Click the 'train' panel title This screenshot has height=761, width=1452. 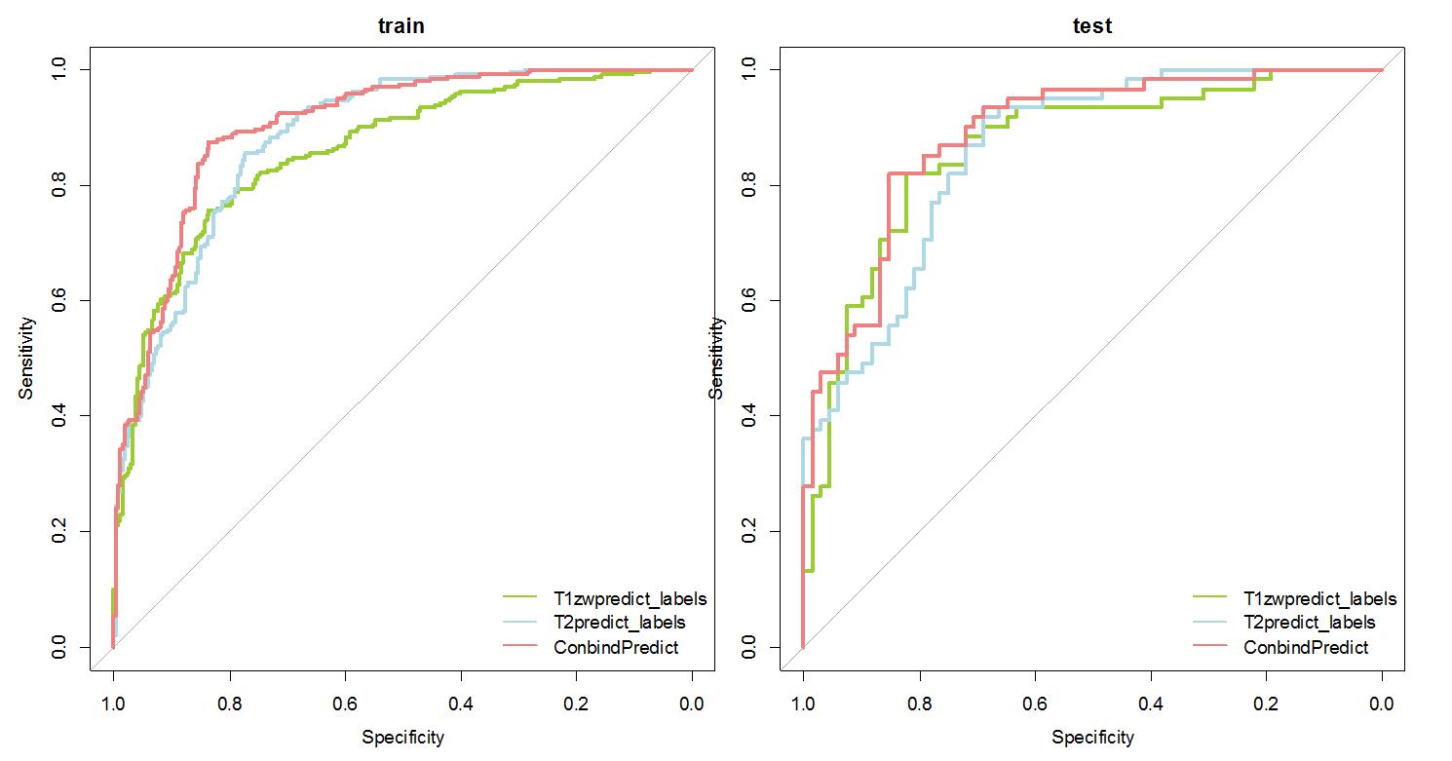[x=401, y=26]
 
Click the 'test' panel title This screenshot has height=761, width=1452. [x=1091, y=26]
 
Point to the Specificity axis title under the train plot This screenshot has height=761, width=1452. [x=402, y=738]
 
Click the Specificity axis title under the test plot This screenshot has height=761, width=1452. [x=1092, y=738]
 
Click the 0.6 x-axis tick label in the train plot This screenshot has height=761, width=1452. [x=345, y=703]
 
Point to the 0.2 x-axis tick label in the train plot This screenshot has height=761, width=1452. [x=577, y=703]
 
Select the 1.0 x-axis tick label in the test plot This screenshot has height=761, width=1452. [x=803, y=703]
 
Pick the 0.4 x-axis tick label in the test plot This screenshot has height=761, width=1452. [x=1151, y=703]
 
